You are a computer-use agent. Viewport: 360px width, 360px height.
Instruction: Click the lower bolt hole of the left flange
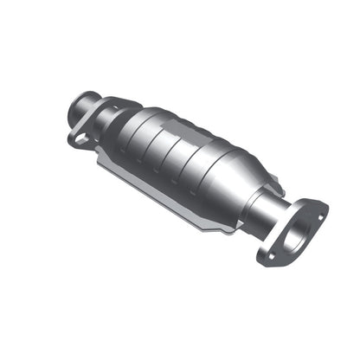[79, 138]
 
